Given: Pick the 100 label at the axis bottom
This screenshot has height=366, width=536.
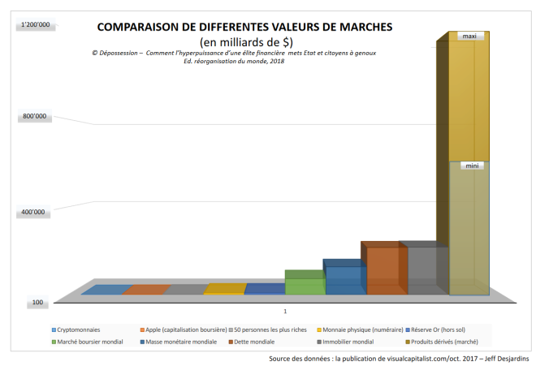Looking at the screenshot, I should (38, 303).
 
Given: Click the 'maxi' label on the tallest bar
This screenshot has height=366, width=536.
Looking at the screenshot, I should (469, 37).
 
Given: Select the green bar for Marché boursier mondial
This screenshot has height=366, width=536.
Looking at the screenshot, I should (305, 285).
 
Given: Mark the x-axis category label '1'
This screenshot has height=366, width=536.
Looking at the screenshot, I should (285, 311).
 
